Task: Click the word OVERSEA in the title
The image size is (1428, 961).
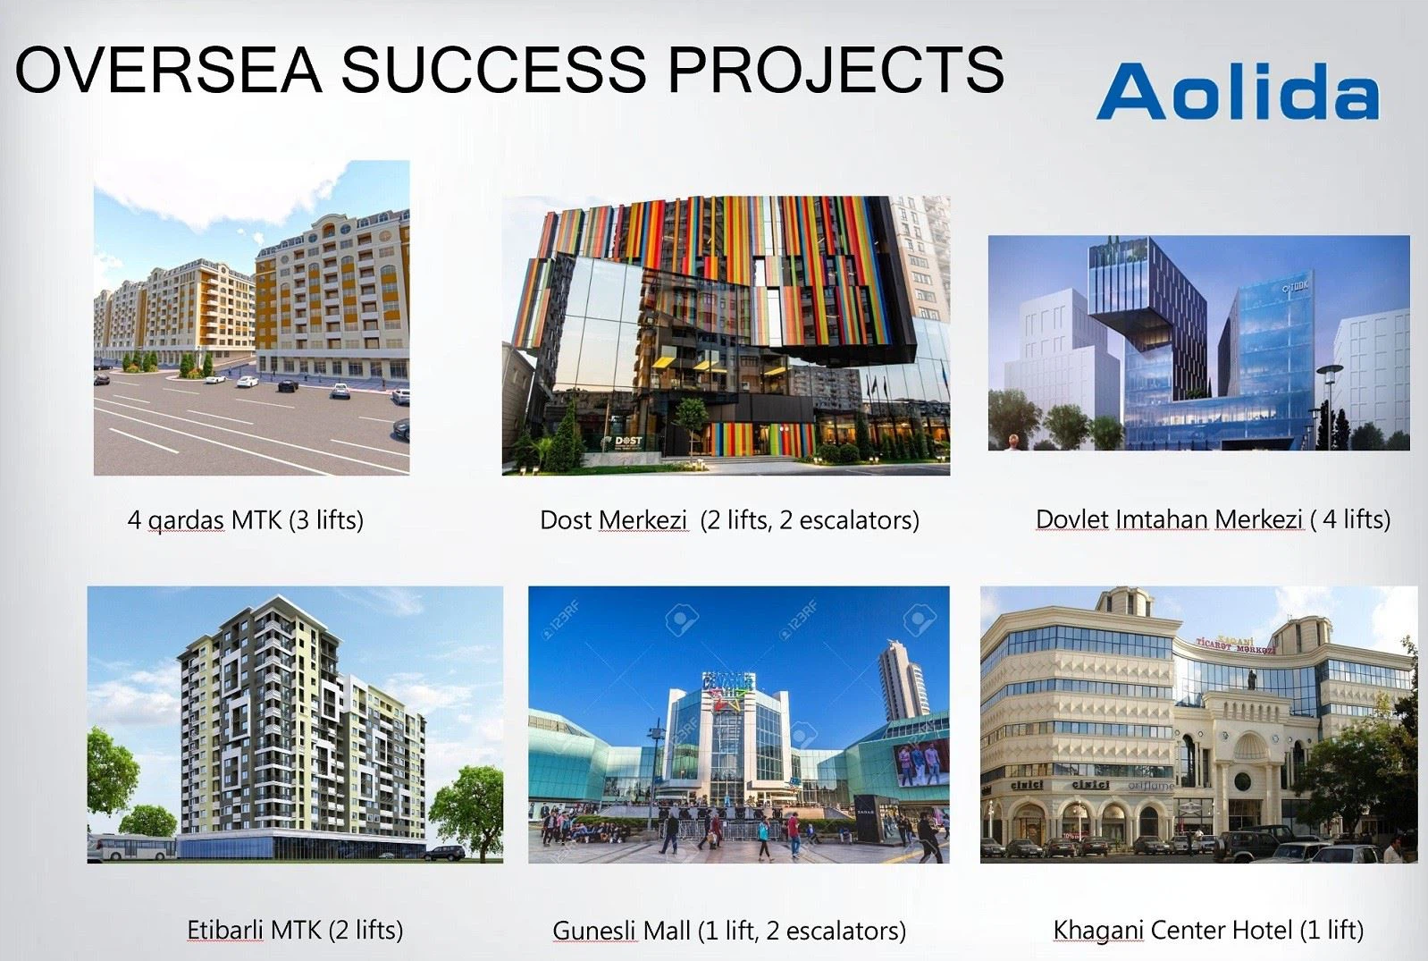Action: coord(168,69)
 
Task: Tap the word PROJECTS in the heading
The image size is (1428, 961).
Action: coord(836,69)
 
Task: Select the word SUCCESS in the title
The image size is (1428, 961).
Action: coord(494,69)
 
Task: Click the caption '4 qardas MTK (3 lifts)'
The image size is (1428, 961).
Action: coord(246,520)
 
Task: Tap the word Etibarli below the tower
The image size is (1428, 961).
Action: coord(225,930)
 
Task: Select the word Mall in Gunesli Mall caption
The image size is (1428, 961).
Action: coord(666,931)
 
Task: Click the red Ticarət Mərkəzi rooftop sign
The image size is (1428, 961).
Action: coord(1236,645)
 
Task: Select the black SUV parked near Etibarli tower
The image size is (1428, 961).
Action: coord(445,853)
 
